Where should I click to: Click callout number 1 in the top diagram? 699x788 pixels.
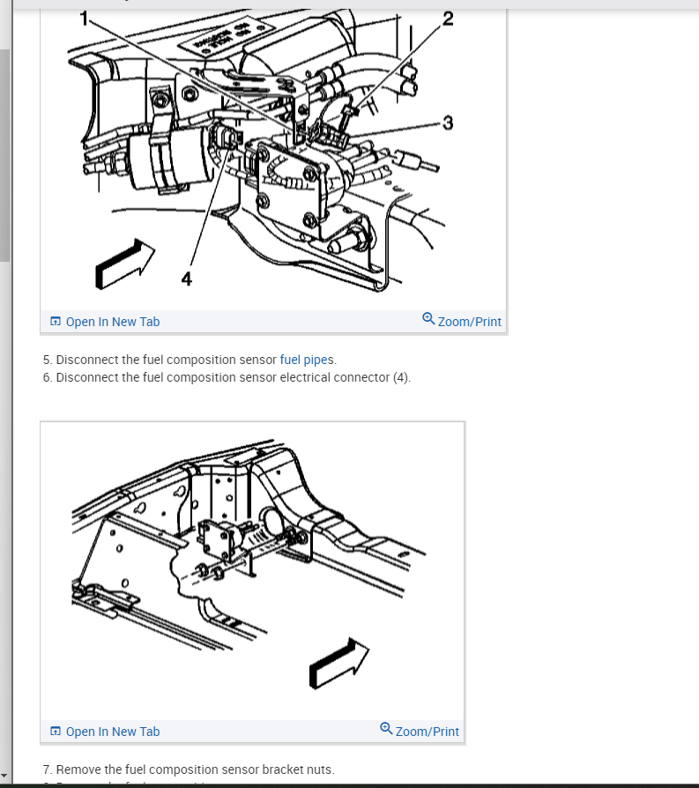click(x=85, y=18)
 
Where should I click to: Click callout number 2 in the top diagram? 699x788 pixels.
click(x=448, y=19)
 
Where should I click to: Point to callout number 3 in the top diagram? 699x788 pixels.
click(x=448, y=123)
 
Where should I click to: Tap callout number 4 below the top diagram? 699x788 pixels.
click(x=186, y=279)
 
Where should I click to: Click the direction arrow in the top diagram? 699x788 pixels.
click(x=124, y=262)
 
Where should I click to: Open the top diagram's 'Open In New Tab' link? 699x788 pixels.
click(x=112, y=322)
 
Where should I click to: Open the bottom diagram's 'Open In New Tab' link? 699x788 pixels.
click(x=112, y=732)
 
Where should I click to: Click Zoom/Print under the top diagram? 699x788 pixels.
click(x=469, y=322)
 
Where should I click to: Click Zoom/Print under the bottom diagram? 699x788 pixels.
click(x=427, y=732)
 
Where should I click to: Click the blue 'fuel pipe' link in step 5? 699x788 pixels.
click(x=303, y=360)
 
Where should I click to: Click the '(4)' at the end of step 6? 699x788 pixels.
click(x=401, y=377)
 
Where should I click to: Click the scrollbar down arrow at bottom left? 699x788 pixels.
click(x=5, y=776)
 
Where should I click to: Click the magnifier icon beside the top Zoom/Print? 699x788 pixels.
click(x=428, y=319)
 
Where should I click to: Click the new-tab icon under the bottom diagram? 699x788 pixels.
click(x=56, y=732)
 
